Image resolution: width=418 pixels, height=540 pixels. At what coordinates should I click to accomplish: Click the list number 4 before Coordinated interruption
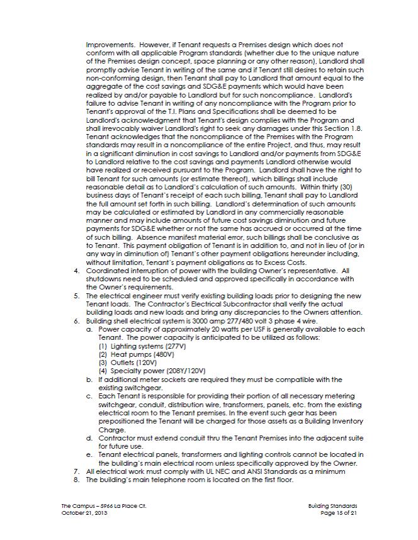pos(76,270)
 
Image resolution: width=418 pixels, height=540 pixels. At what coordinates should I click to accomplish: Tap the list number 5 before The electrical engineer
pos(76,296)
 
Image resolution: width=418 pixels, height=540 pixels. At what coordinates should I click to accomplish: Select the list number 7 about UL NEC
pos(76,471)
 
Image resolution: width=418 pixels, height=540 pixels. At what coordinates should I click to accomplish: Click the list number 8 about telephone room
pos(76,479)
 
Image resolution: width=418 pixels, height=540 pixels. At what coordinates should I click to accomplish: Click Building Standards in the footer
pos(333,506)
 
